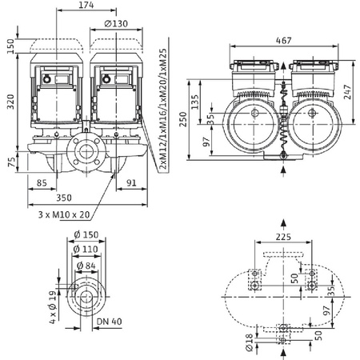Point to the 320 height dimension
pyautogui.click(x=9, y=100)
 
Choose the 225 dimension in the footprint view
pyautogui.click(x=285, y=237)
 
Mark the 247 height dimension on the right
pyautogui.click(x=350, y=92)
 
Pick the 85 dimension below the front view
pyautogui.click(x=42, y=181)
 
